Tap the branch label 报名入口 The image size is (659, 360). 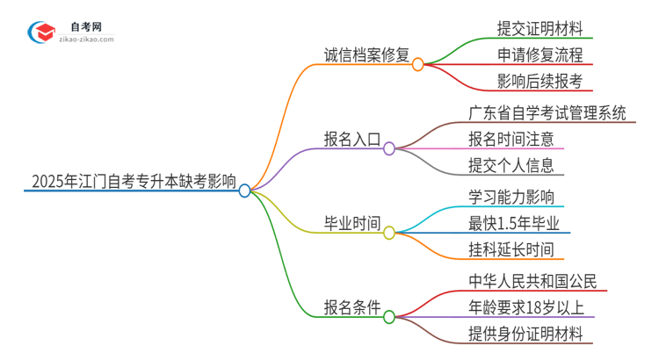[x=351, y=139]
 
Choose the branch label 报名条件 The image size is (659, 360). [x=351, y=307]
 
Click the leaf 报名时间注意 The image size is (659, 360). [x=511, y=139]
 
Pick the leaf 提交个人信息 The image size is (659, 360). [x=511, y=166]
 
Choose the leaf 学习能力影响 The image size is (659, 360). [x=511, y=196]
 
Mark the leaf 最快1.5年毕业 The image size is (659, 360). [x=515, y=223]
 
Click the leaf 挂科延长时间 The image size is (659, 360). [x=511, y=250]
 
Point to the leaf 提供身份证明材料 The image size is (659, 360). [x=532, y=335]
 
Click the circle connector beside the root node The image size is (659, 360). [x=245, y=190]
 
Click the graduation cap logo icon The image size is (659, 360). [x=42, y=32]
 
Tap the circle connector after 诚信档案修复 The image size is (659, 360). [x=418, y=64]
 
